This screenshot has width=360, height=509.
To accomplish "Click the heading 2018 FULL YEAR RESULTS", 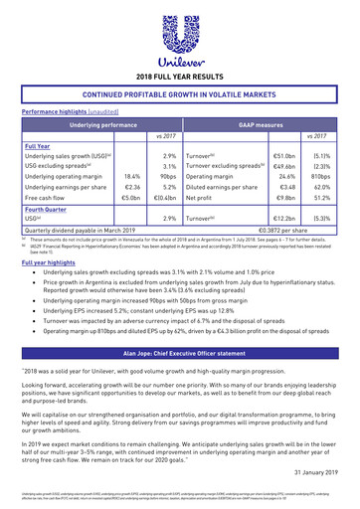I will click(x=180, y=76).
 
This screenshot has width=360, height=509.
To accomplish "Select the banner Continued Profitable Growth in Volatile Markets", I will click(x=180, y=94).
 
